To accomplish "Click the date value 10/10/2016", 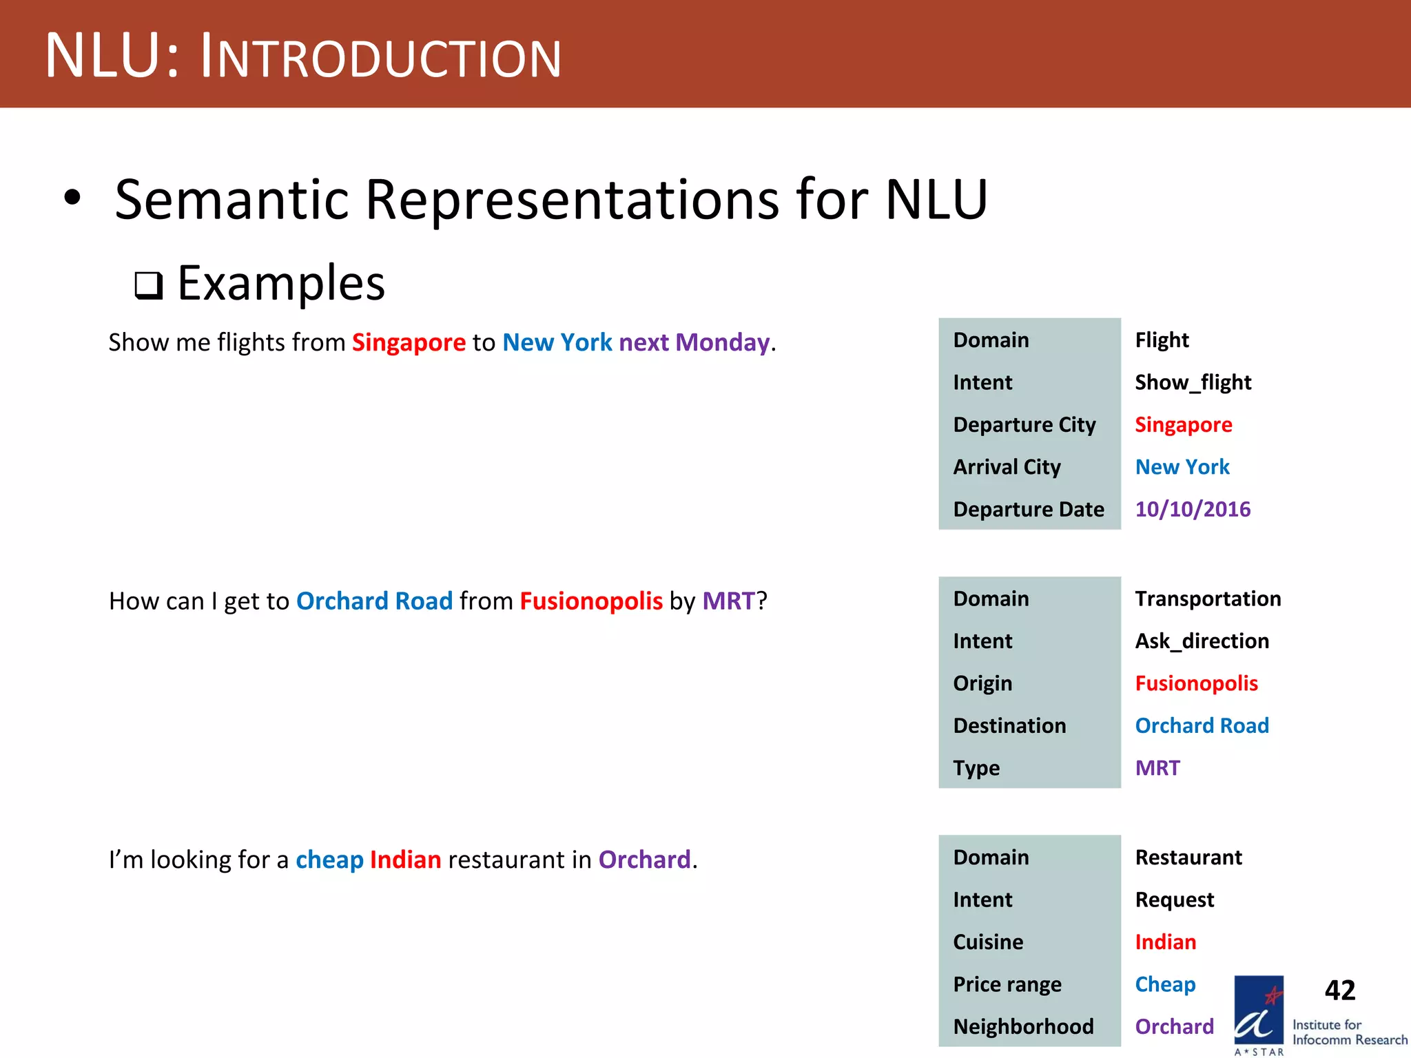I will coord(1193,509).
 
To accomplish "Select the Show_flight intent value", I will coord(1193,382).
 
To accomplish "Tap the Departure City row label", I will coord(1024,425).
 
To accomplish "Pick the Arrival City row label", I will coord(1007,467).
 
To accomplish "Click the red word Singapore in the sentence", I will coord(409,342).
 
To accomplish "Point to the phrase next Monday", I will coord(694,342).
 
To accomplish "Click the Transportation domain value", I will coord(1208,599).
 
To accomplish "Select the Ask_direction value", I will coord(1202,641).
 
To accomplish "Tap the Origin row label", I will coord(982,683).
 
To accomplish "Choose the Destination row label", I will coord(1009,726).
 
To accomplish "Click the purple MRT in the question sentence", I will coord(729,601).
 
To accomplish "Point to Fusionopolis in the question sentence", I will coord(591,601).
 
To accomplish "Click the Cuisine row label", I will coord(988,942).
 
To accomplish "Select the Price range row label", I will coord(1007,984).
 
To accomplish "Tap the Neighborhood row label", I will coord(1023,1026).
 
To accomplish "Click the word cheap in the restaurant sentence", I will coord(329,860).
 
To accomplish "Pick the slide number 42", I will coord(1339,990).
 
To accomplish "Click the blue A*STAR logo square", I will coord(1258,1010).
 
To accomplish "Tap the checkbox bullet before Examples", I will coord(148,285).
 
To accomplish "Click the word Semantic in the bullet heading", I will coord(231,200).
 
